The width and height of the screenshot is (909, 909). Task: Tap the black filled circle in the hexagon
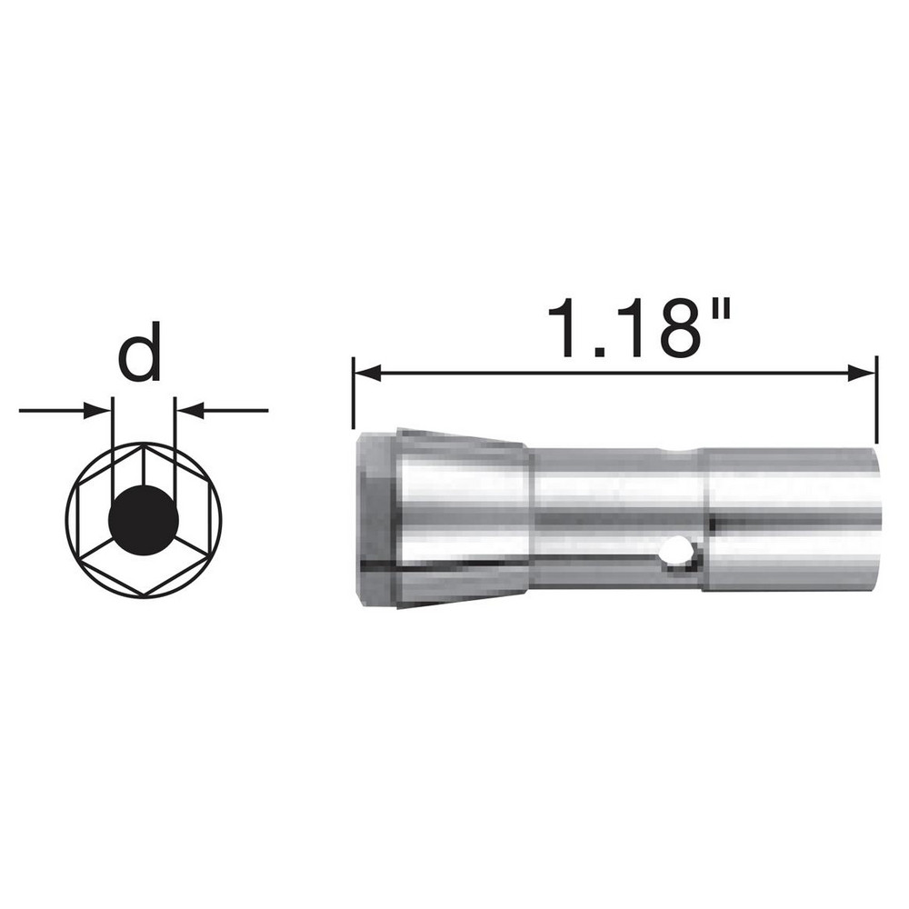(x=143, y=521)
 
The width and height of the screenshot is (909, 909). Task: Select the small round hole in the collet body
(x=677, y=551)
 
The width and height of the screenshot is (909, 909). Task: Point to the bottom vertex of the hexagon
(x=143, y=597)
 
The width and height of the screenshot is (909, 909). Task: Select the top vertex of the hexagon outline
(x=143, y=445)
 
